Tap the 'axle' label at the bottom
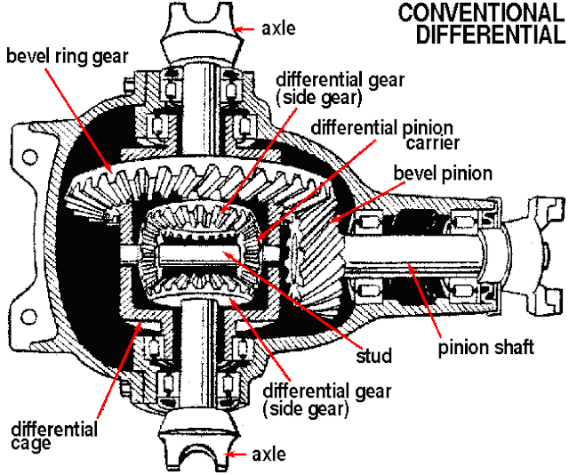(268, 455)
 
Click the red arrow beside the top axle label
(244, 28)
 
